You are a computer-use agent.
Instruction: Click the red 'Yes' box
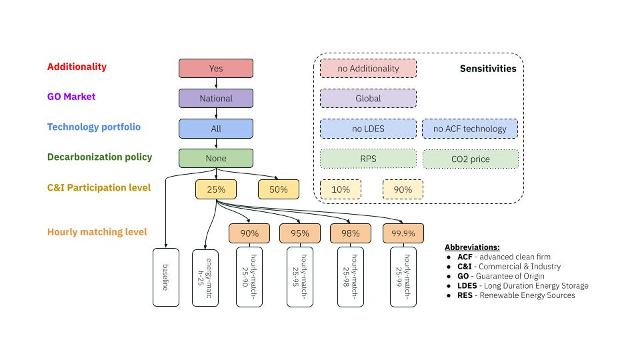(x=216, y=68)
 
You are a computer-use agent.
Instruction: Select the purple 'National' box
(x=216, y=98)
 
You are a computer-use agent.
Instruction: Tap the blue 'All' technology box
(x=216, y=128)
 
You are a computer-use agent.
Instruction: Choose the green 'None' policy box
(x=216, y=158)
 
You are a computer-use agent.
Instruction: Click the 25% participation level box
(x=216, y=189)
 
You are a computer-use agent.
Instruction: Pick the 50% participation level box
(x=278, y=189)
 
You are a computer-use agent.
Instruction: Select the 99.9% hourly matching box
(x=403, y=233)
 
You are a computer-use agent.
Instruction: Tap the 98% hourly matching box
(x=351, y=233)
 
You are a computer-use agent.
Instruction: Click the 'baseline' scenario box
(x=166, y=277)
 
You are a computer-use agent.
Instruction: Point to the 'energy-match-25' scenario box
(x=205, y=277)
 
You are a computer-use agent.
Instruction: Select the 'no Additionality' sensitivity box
(x=368, y=68)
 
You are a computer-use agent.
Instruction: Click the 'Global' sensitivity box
(x=368, y=98)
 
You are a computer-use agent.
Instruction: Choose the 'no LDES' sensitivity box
(x=368, y=128)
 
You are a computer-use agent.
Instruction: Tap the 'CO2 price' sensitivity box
(x=470, y=159)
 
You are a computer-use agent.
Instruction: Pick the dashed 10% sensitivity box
(x=341, y=189)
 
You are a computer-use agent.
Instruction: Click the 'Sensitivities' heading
(x=488, y=68)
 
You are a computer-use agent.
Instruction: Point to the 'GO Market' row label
(x=71, y=97)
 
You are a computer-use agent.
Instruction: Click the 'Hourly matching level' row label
(x=97, y=232)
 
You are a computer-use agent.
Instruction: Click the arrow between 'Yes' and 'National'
(x=216, y=83)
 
